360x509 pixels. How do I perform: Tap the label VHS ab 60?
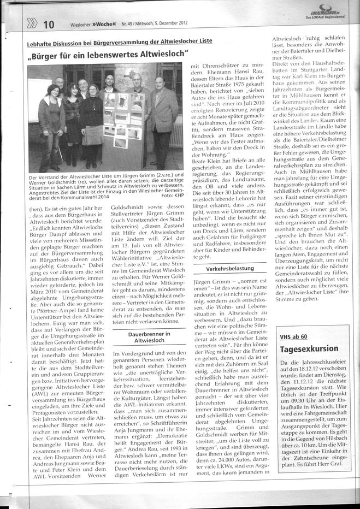click(x=293, y=336)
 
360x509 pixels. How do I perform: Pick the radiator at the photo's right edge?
click(x=176, y=131)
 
